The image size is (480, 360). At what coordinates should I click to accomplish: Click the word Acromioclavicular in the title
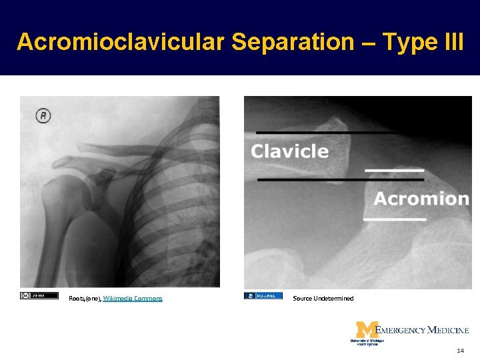120,41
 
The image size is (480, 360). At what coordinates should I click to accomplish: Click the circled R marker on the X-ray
43,116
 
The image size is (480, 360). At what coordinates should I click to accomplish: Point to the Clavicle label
289,151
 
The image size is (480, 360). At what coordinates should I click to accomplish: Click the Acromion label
421,199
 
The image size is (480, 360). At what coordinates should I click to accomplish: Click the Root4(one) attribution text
85,299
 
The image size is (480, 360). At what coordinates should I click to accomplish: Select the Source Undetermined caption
323,299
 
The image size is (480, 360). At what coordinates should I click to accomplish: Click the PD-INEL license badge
263,295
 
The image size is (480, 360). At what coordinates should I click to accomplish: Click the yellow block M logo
366,330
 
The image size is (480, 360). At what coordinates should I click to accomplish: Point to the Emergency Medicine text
423,330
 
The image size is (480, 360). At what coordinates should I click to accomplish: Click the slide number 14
460,350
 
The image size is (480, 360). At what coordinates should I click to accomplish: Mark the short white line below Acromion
395,219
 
